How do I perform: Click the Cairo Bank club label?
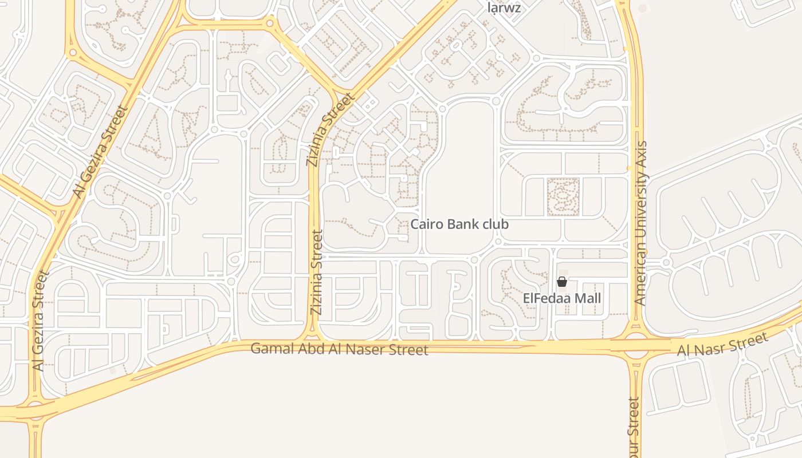tap(459, 224)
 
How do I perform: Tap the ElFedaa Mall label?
tap(562, 299)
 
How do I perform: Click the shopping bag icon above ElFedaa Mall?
tap(562, 282)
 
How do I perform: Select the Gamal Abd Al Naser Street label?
tap(339, 349)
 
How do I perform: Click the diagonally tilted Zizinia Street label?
tap(330, 131)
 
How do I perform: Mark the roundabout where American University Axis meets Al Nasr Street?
tap(635, 345)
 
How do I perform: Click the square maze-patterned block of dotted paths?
tap(564, 197)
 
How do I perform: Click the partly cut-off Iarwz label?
tap(504, 7)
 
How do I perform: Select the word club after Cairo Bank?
tap(495, 224)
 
